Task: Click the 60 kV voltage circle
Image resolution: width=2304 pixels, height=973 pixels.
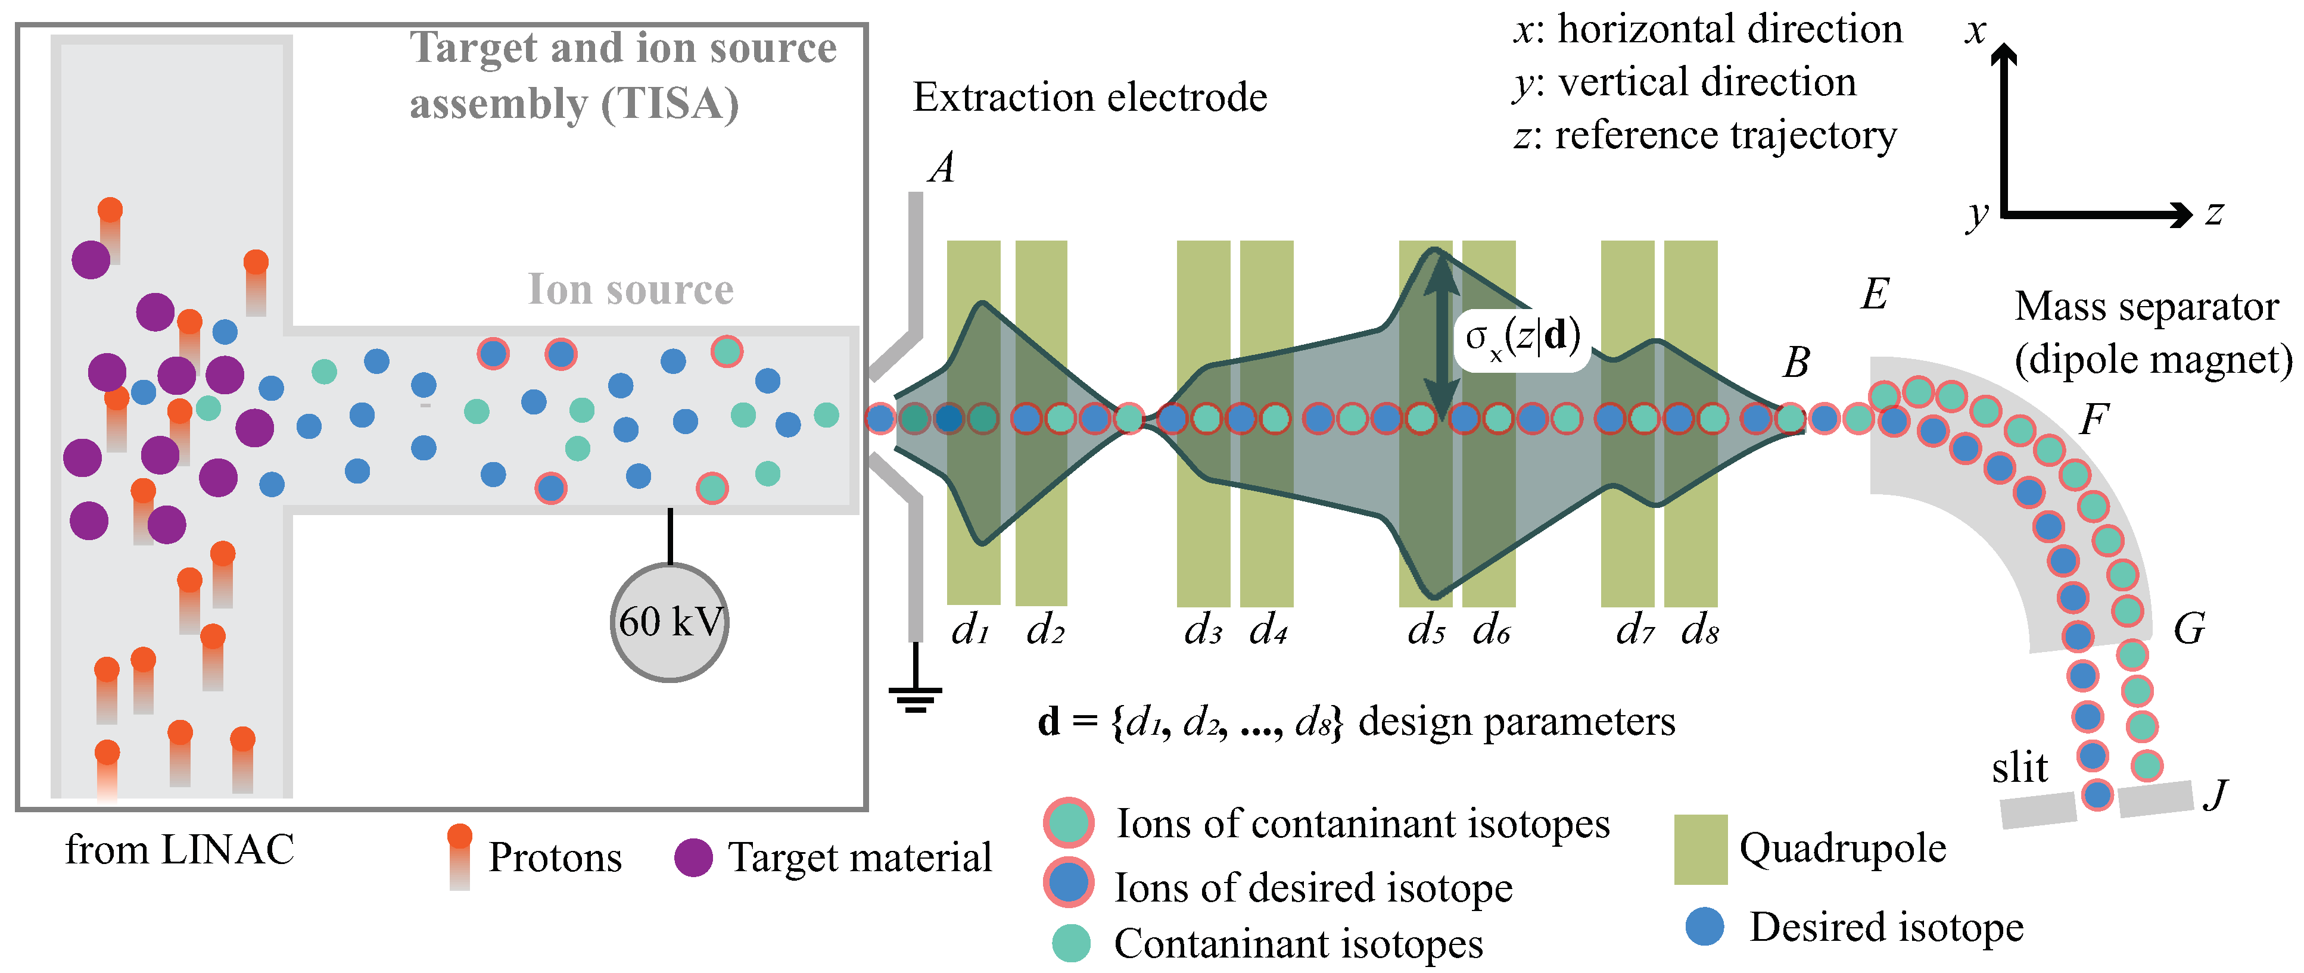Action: point(669,622)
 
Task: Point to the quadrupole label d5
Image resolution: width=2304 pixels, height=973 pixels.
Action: point(1425,631)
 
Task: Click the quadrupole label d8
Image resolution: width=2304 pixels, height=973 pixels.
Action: point(1699,631)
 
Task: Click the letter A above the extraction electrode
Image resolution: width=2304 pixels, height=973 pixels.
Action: point(942,167)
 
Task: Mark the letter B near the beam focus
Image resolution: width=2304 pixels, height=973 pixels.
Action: point(1796,362)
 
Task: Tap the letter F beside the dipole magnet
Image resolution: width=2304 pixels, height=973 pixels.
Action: point(2094,419)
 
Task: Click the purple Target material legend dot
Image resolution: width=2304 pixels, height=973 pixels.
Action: point(693,857)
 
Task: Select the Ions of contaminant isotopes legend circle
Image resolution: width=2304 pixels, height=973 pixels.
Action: point(1069,823)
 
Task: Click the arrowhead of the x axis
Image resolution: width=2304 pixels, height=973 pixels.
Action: point(2004,54)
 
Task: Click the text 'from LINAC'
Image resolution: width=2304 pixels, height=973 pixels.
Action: point(179,850)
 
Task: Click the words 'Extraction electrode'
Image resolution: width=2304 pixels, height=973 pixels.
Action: point(1089,96)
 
